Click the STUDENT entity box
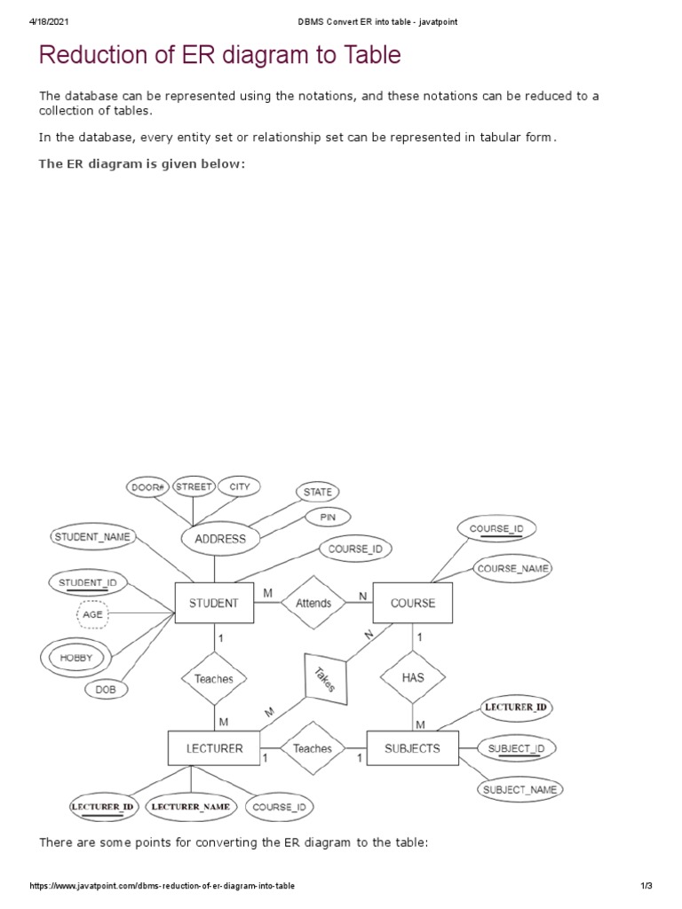click(x=213, y=603)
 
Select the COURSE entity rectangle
click(x=413, y=603)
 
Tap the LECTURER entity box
click(x=214, y=748)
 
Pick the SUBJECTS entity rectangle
click(x=412, y=748)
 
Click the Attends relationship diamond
click(x=313, y=603)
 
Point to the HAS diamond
click(x=413, y=676)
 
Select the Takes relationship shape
click(x=324, y=680)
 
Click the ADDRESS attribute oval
click(x=219, y=539)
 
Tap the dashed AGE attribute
click(x=92, y=613)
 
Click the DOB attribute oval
click(x=106, y=689)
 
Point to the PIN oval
click(x=315, y=517)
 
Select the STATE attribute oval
click(x=317, y=492)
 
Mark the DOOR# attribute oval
click(x=147, y=487)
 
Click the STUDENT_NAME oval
click(x=92, y=537)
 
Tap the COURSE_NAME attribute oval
click(x=512, y=568)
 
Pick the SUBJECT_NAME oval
click(x=520, y=789)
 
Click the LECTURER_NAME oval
click(x=191, y=807)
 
